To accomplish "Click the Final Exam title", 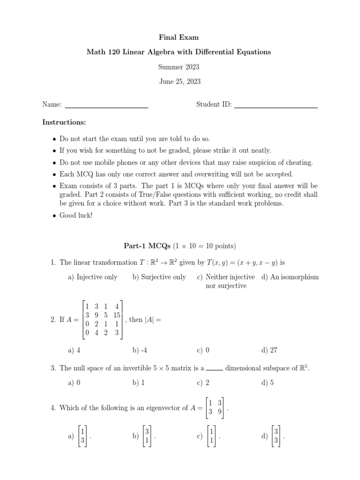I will coord(179,37).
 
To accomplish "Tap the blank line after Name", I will coord(106,107).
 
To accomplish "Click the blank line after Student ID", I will coord(276,107).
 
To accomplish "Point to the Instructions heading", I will coord(64,122).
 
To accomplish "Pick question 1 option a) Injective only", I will coord(92,277).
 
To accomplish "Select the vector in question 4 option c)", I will coord(212,436).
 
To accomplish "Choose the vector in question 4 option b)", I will coord(147,436).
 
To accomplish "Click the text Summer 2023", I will coord(179,67).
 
